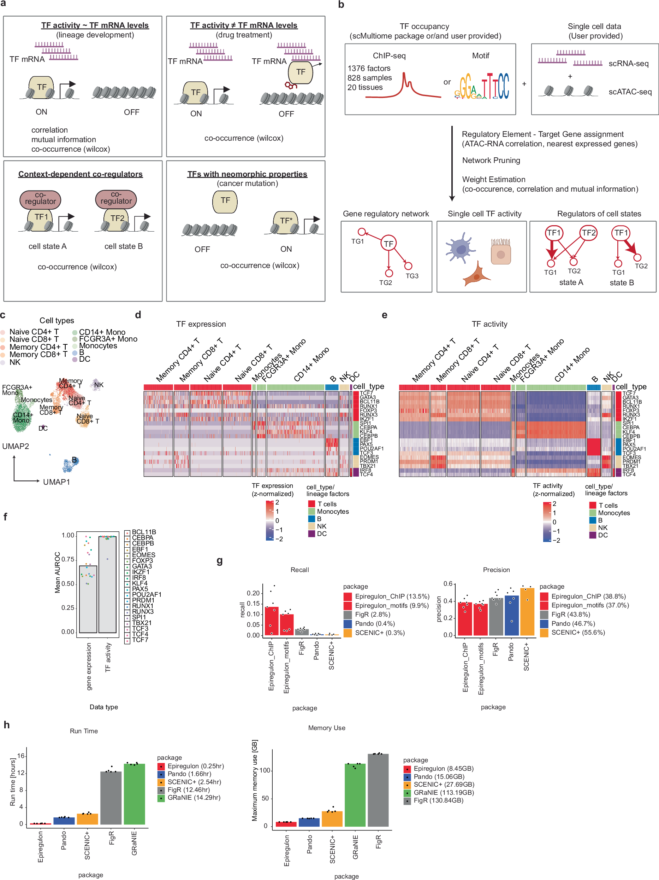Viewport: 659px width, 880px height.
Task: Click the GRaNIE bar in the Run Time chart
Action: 134,794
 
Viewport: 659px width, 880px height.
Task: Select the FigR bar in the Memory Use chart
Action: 378,790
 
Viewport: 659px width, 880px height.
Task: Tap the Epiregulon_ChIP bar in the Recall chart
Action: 272,620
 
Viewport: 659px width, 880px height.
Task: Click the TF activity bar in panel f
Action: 107,585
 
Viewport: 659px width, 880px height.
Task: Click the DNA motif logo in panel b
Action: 482,86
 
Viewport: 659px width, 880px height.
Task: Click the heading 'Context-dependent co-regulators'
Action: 80,174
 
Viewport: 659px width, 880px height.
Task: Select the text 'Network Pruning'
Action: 491,160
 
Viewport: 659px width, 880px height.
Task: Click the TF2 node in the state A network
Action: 588,233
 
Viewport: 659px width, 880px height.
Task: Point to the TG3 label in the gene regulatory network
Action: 412,276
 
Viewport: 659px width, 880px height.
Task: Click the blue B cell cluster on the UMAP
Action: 71,464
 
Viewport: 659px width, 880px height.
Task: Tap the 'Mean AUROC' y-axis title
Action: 57,572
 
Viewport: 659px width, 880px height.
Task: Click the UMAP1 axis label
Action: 57,482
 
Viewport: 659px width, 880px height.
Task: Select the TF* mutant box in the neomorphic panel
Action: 286,221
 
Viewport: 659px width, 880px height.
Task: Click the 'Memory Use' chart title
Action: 326,728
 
